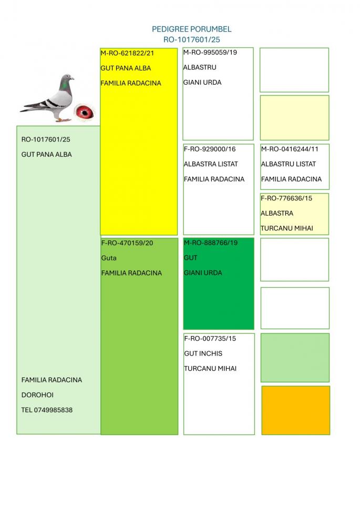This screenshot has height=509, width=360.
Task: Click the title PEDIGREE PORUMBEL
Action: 191,29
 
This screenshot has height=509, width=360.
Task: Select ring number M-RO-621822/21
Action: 128,53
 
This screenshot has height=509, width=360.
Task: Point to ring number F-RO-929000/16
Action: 210,149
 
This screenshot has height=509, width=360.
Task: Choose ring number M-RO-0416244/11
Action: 290,149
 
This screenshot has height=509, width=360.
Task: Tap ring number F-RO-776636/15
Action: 286,198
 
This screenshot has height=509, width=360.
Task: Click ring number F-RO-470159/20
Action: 127,243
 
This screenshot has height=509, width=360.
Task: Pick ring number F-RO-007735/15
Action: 210,339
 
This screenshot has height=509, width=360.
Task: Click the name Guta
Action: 109,258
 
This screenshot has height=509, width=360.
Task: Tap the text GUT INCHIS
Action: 203,354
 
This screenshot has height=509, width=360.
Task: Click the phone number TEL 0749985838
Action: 47,410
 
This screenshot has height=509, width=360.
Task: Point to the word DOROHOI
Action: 37,395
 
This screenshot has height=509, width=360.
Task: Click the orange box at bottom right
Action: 295,410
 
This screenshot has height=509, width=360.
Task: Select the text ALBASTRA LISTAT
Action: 211,164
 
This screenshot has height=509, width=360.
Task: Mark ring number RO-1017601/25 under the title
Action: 191,39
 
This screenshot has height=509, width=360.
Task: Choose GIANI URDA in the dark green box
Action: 203,273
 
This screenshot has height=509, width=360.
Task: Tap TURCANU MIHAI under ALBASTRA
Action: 287,228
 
